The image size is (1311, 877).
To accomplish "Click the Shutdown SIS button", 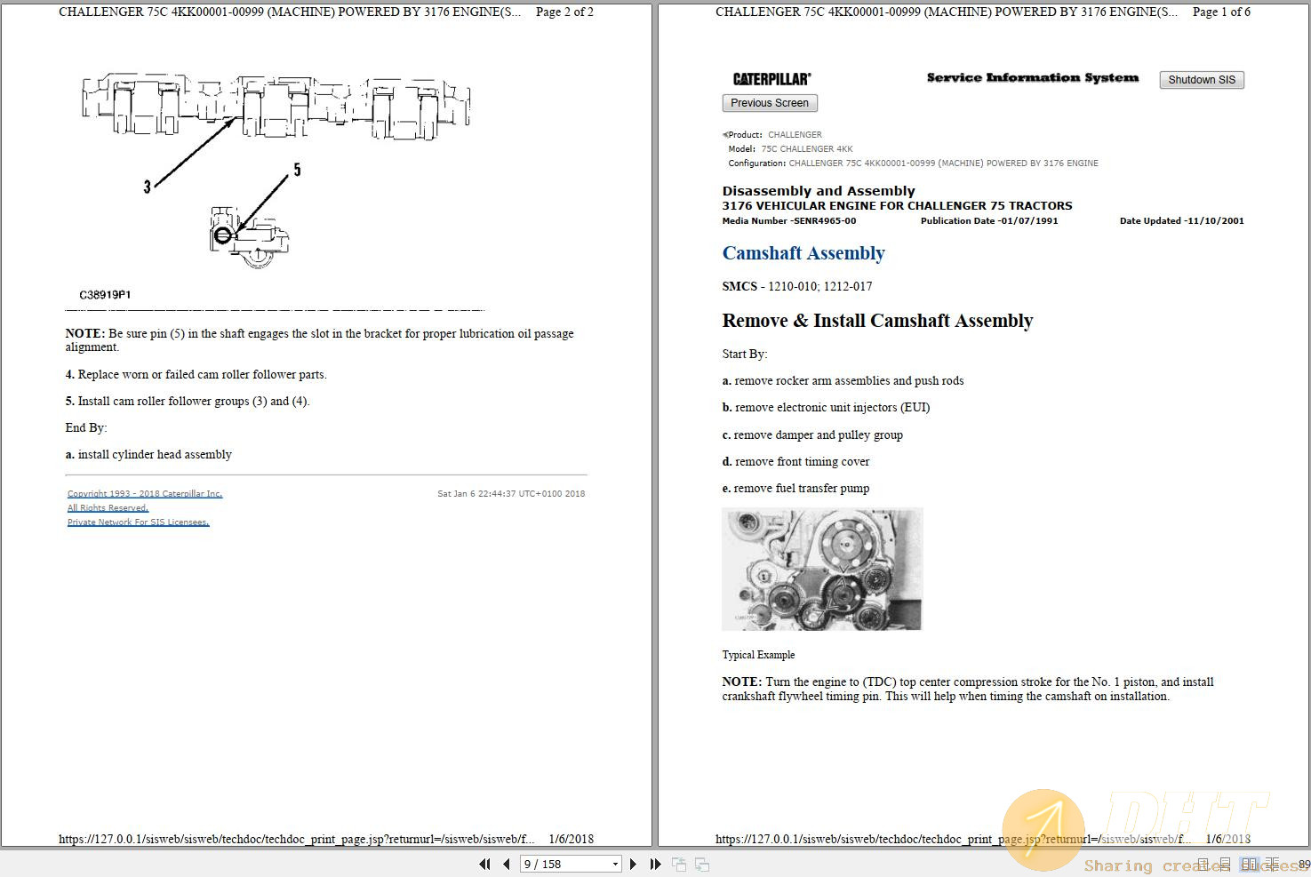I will coord(1201,80).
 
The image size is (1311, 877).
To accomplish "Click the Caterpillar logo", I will coord(771,79).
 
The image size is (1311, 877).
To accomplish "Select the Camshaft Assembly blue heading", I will coord(803,253).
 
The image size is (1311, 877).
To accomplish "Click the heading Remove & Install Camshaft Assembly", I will coord(876,321).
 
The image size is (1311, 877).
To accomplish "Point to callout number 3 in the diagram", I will coord(148,187).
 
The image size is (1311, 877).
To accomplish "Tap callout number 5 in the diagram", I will coord(297,170).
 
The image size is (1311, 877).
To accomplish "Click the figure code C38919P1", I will coord(105,295).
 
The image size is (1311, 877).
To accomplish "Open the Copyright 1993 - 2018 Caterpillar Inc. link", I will coord(145,493).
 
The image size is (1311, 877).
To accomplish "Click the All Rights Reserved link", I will coord(108,507).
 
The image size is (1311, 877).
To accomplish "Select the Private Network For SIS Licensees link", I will coord(138,522).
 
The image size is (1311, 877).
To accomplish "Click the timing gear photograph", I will coord(822,569).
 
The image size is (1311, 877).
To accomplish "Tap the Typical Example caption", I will coord(758,655).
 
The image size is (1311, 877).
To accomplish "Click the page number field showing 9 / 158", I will coord(569,864).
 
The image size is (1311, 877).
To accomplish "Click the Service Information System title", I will coord(1032,78).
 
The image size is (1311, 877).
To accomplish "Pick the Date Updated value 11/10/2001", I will coord(1214,221).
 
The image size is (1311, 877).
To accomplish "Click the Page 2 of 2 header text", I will coord(564,12).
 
